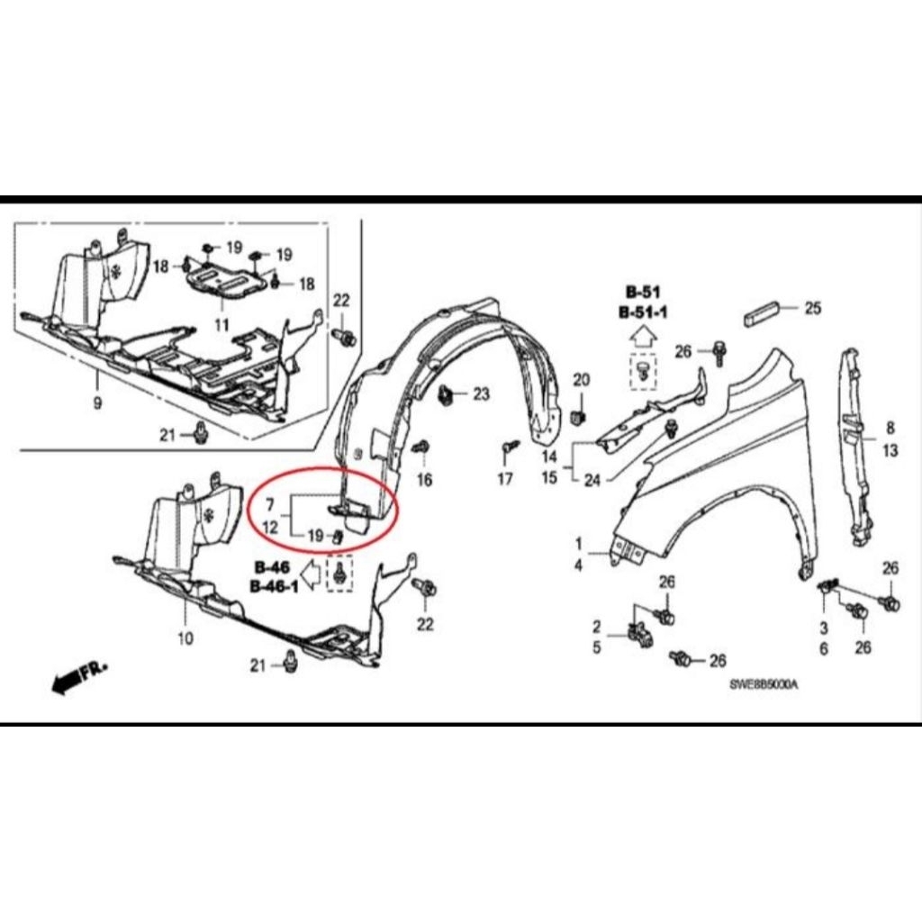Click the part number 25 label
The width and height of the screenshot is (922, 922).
(x=813, y=309)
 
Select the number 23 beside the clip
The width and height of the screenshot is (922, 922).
(x=481, y=393)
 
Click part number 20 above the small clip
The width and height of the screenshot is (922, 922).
(x=581, y=379)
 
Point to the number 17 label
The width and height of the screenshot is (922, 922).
(x=504, y=478)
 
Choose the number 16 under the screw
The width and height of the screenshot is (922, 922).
(x=424, y=479)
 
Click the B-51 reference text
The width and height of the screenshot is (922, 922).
(x=644, y=292)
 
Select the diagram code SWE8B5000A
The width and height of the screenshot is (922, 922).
(x=764, y=684)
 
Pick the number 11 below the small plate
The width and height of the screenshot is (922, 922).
(x=221, y=323)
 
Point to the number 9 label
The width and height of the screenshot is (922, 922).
(x=97, y=402)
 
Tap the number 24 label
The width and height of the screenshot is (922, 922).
(x=591, y=480)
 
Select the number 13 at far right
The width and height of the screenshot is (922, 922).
(x=890, y=451)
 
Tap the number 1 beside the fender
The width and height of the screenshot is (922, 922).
(x=579, y=544)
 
